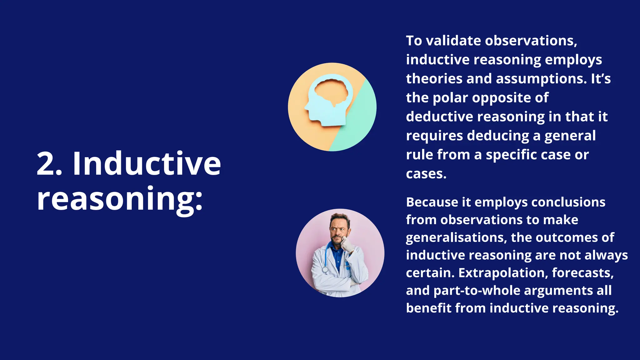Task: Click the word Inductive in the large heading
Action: click(147, 163)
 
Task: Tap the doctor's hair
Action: click(340, 217)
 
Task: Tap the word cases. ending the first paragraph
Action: click(426, 174)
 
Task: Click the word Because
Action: click(432, 202)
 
